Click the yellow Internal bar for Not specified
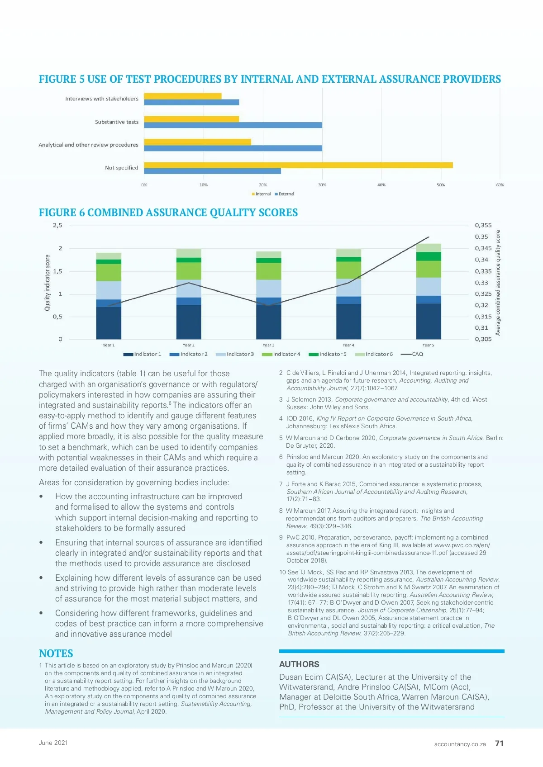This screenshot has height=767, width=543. [x=298, y=165]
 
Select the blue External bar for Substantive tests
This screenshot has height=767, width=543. [x=233, y=125]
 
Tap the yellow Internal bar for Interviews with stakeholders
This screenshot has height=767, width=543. [x=183, y=96]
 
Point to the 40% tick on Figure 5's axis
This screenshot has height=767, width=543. [x=381, y=185]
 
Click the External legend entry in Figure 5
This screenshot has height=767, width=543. [x=286, y=194]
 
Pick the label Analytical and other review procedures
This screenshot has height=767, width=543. [x=88, y=145]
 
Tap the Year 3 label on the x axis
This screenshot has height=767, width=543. [x=268, y=345]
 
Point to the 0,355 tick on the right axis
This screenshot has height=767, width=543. [x=483, y=225]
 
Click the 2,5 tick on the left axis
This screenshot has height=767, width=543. [x=57, y=225]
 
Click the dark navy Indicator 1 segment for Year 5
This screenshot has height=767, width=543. [x=429, y=321]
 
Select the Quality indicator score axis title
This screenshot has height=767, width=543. [x=47, y=283]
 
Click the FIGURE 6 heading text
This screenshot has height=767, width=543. [x=168, y=213]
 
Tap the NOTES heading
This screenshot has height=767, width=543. [x=56, y=653]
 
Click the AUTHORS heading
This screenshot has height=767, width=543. [x=299, y=664]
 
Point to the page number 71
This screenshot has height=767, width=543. [x=499, y=743]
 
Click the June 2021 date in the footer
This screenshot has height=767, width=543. [x=53, y=743]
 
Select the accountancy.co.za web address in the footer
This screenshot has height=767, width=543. [x=460, y=744]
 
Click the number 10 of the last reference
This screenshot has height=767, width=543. [x=282, y=572]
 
